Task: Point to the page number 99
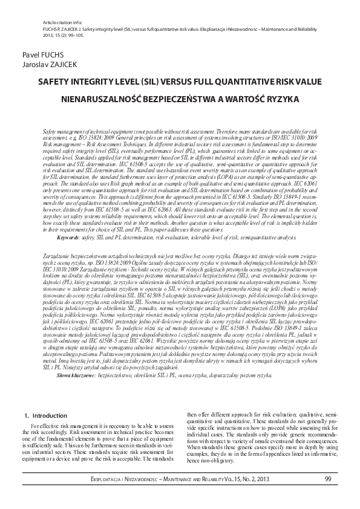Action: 327,479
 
